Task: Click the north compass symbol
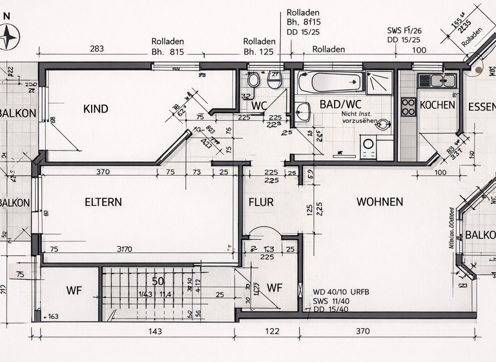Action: [9, 37]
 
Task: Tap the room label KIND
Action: [96, 109]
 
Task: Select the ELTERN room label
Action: [103, 202]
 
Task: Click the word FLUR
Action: [261, 202]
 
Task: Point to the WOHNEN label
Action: [380, 202]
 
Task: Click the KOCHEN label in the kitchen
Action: [437, 105]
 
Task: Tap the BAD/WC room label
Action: [340, 105]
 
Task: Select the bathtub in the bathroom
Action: [329, 82]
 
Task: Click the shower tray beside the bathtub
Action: [379, 83]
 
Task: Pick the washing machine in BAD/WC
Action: [369, 145]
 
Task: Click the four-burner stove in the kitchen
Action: [408, 107]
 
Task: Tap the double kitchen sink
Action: [437, 80]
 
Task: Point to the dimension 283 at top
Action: [97, 49]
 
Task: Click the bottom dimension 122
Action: [272, 332]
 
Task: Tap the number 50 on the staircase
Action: [158, 281]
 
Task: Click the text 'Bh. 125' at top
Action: [259, 52]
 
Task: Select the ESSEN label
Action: [481, 107]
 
